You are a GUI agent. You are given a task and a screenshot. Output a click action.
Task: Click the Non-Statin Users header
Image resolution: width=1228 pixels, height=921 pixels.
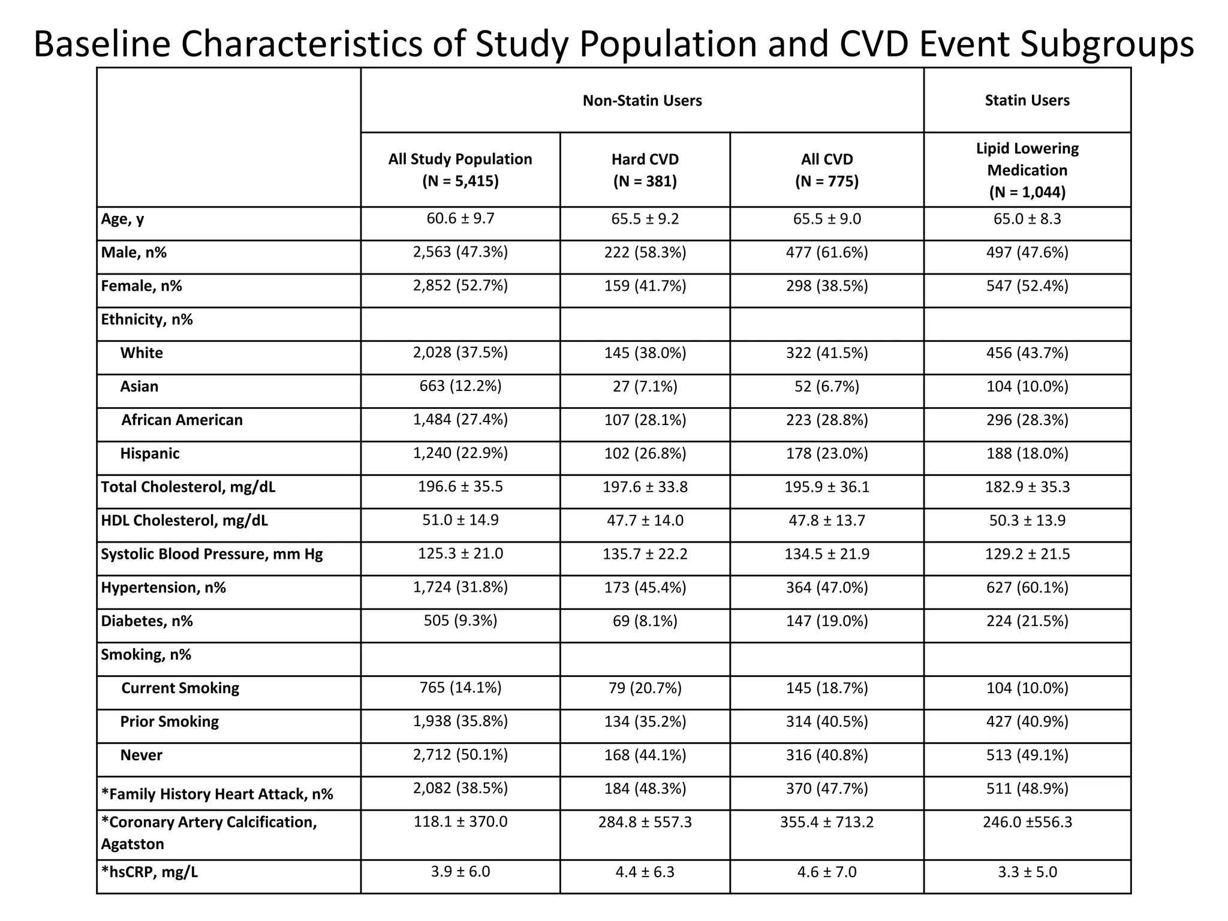[642, 100]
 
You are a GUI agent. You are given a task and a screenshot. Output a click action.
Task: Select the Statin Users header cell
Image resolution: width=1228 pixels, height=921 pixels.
[1027, 100]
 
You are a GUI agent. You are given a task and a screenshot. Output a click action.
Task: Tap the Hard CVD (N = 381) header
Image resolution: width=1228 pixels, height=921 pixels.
[645, 170]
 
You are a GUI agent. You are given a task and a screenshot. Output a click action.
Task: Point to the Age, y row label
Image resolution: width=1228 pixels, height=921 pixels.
[122, 219]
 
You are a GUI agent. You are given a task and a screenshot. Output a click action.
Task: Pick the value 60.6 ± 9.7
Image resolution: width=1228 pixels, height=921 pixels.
[460, 218]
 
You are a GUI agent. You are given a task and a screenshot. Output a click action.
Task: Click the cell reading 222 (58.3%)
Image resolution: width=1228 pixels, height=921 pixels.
[645, 252]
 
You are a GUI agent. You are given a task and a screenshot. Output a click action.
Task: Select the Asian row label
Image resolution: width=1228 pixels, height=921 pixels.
[139, 386]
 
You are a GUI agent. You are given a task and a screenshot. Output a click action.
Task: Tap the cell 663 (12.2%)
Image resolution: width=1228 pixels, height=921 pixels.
[460, 386]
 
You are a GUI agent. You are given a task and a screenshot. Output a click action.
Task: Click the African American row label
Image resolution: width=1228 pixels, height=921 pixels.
[182, 420]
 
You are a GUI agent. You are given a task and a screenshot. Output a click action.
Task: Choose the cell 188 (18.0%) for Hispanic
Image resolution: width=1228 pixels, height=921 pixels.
[1027, 453]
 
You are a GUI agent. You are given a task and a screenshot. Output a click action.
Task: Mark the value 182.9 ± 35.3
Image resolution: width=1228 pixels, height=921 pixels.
[1027, 487]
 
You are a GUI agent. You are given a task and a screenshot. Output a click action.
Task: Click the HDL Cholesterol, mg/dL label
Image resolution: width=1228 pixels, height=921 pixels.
[184, 520]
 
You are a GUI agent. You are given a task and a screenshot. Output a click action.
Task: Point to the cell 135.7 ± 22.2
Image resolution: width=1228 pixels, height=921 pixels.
[645, 554]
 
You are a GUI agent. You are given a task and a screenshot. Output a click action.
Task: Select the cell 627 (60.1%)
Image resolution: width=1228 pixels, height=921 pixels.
[1027, 588]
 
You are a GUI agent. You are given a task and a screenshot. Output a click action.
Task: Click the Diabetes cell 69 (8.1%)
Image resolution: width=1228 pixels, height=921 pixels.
[645, 621]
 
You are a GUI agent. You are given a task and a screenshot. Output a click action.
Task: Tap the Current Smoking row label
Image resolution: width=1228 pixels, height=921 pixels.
[180, 688]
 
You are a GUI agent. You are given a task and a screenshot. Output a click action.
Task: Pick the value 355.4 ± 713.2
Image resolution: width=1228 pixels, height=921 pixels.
[826, 822]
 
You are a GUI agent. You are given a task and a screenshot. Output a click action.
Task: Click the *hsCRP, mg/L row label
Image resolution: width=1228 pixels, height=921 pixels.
[149, 872]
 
